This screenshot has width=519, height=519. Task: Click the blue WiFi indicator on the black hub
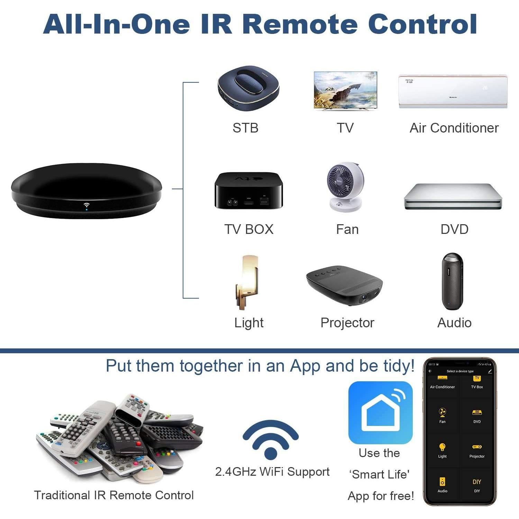tap(86, 206)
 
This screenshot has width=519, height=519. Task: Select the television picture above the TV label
tap(345, 90)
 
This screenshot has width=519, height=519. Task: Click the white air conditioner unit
tap(453, 91)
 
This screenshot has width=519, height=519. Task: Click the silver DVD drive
tap(453, 196)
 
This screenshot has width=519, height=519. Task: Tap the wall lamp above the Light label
tap(248, 282)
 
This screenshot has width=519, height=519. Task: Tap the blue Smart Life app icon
tap(380, 412)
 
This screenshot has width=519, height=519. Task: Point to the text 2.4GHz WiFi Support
tap(272, 472)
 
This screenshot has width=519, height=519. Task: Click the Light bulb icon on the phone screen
tap(442, 447)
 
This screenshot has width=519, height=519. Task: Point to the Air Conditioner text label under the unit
tap(454, 128)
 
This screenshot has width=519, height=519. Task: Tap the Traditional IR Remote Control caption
tap(114, 495)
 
